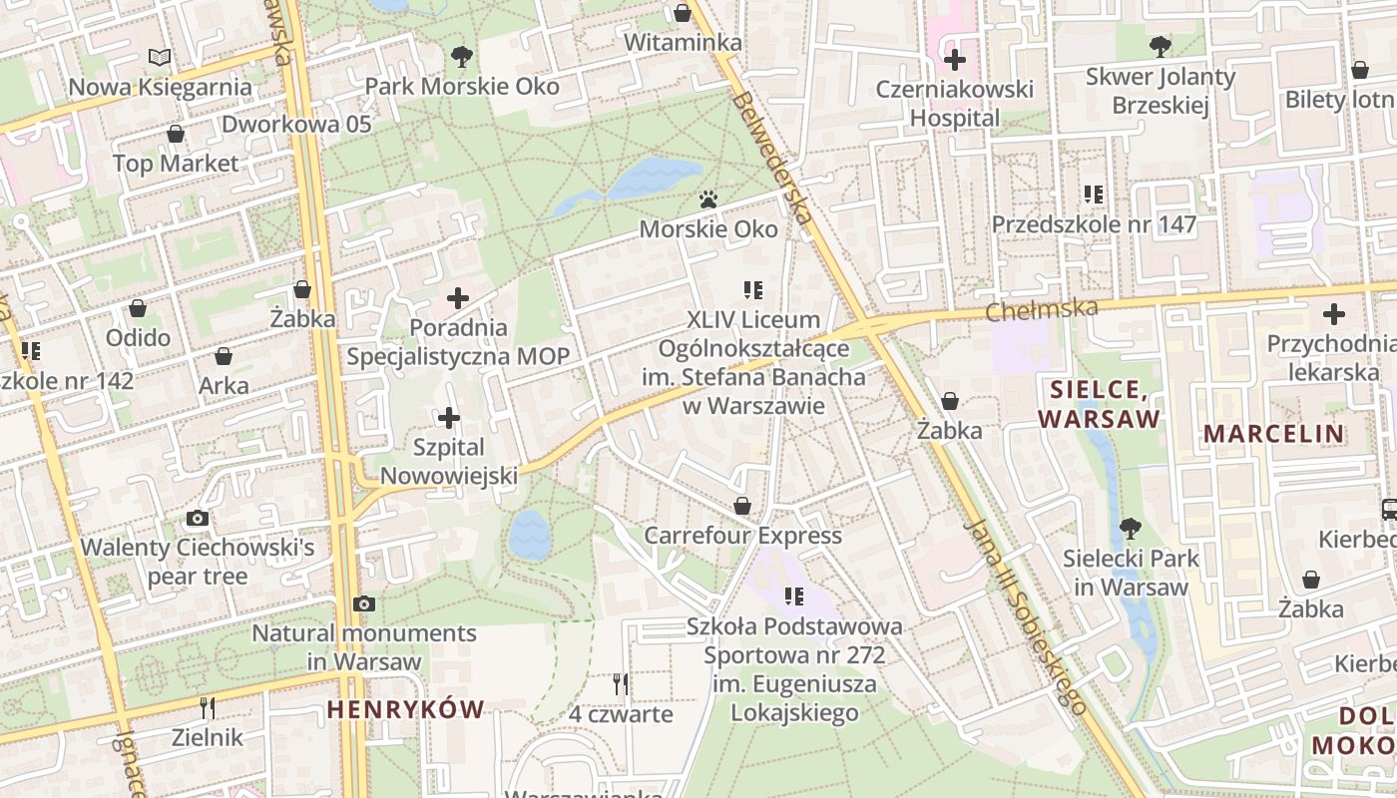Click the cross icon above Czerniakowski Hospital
[955, 60]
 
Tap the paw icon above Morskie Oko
[708, 200]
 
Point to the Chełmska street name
[1042, 309]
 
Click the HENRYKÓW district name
[405, 709]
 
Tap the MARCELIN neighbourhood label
[1273, 434]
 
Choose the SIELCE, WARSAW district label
[1100, 404]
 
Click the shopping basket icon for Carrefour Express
[742, 506]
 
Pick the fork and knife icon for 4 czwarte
[621, 684]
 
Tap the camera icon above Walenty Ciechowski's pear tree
[198, 518]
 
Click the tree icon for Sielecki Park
[1130, 529]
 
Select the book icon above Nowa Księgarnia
[160, 58]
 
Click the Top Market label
[176, 164]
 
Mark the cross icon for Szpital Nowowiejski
[449, 418]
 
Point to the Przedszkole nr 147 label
[1094, 224]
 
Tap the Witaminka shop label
[683, 43]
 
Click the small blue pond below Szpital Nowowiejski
[530, 535]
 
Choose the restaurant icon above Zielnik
[207, 708]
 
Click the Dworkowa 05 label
[296, 125]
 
